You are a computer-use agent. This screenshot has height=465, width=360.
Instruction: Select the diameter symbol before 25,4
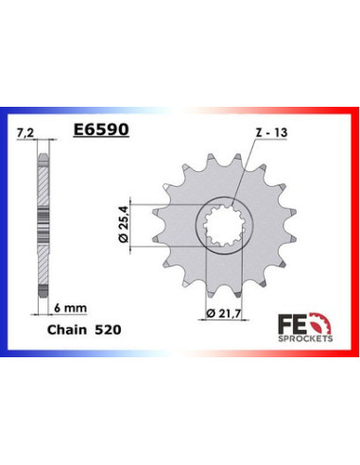tap(132, 244)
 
